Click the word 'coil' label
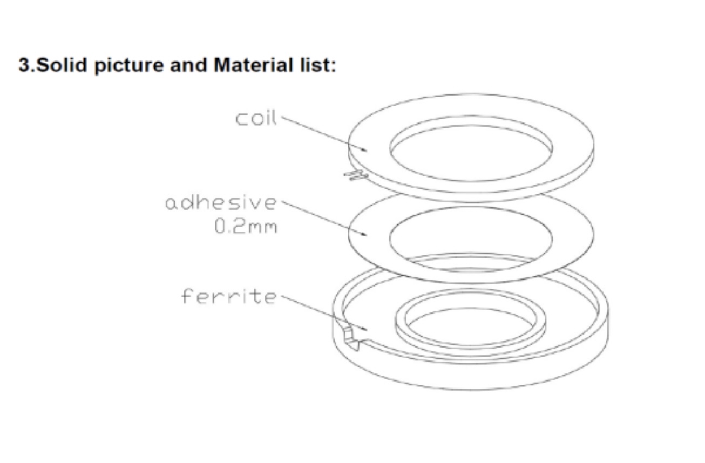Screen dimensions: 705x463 [256, 118]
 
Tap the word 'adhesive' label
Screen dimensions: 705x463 [221, 202]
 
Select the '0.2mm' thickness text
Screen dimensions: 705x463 [246, 227]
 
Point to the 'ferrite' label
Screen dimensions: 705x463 [229, 296]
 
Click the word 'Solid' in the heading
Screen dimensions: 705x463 [62, 65]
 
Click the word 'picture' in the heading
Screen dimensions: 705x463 [129, 66]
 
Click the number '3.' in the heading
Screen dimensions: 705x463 [27, 65]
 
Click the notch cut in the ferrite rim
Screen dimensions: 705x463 [352, 338]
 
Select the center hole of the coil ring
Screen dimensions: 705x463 [471, 153]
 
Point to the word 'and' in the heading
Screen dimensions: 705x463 [188, 65]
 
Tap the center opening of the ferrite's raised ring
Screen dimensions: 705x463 [471, 327]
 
